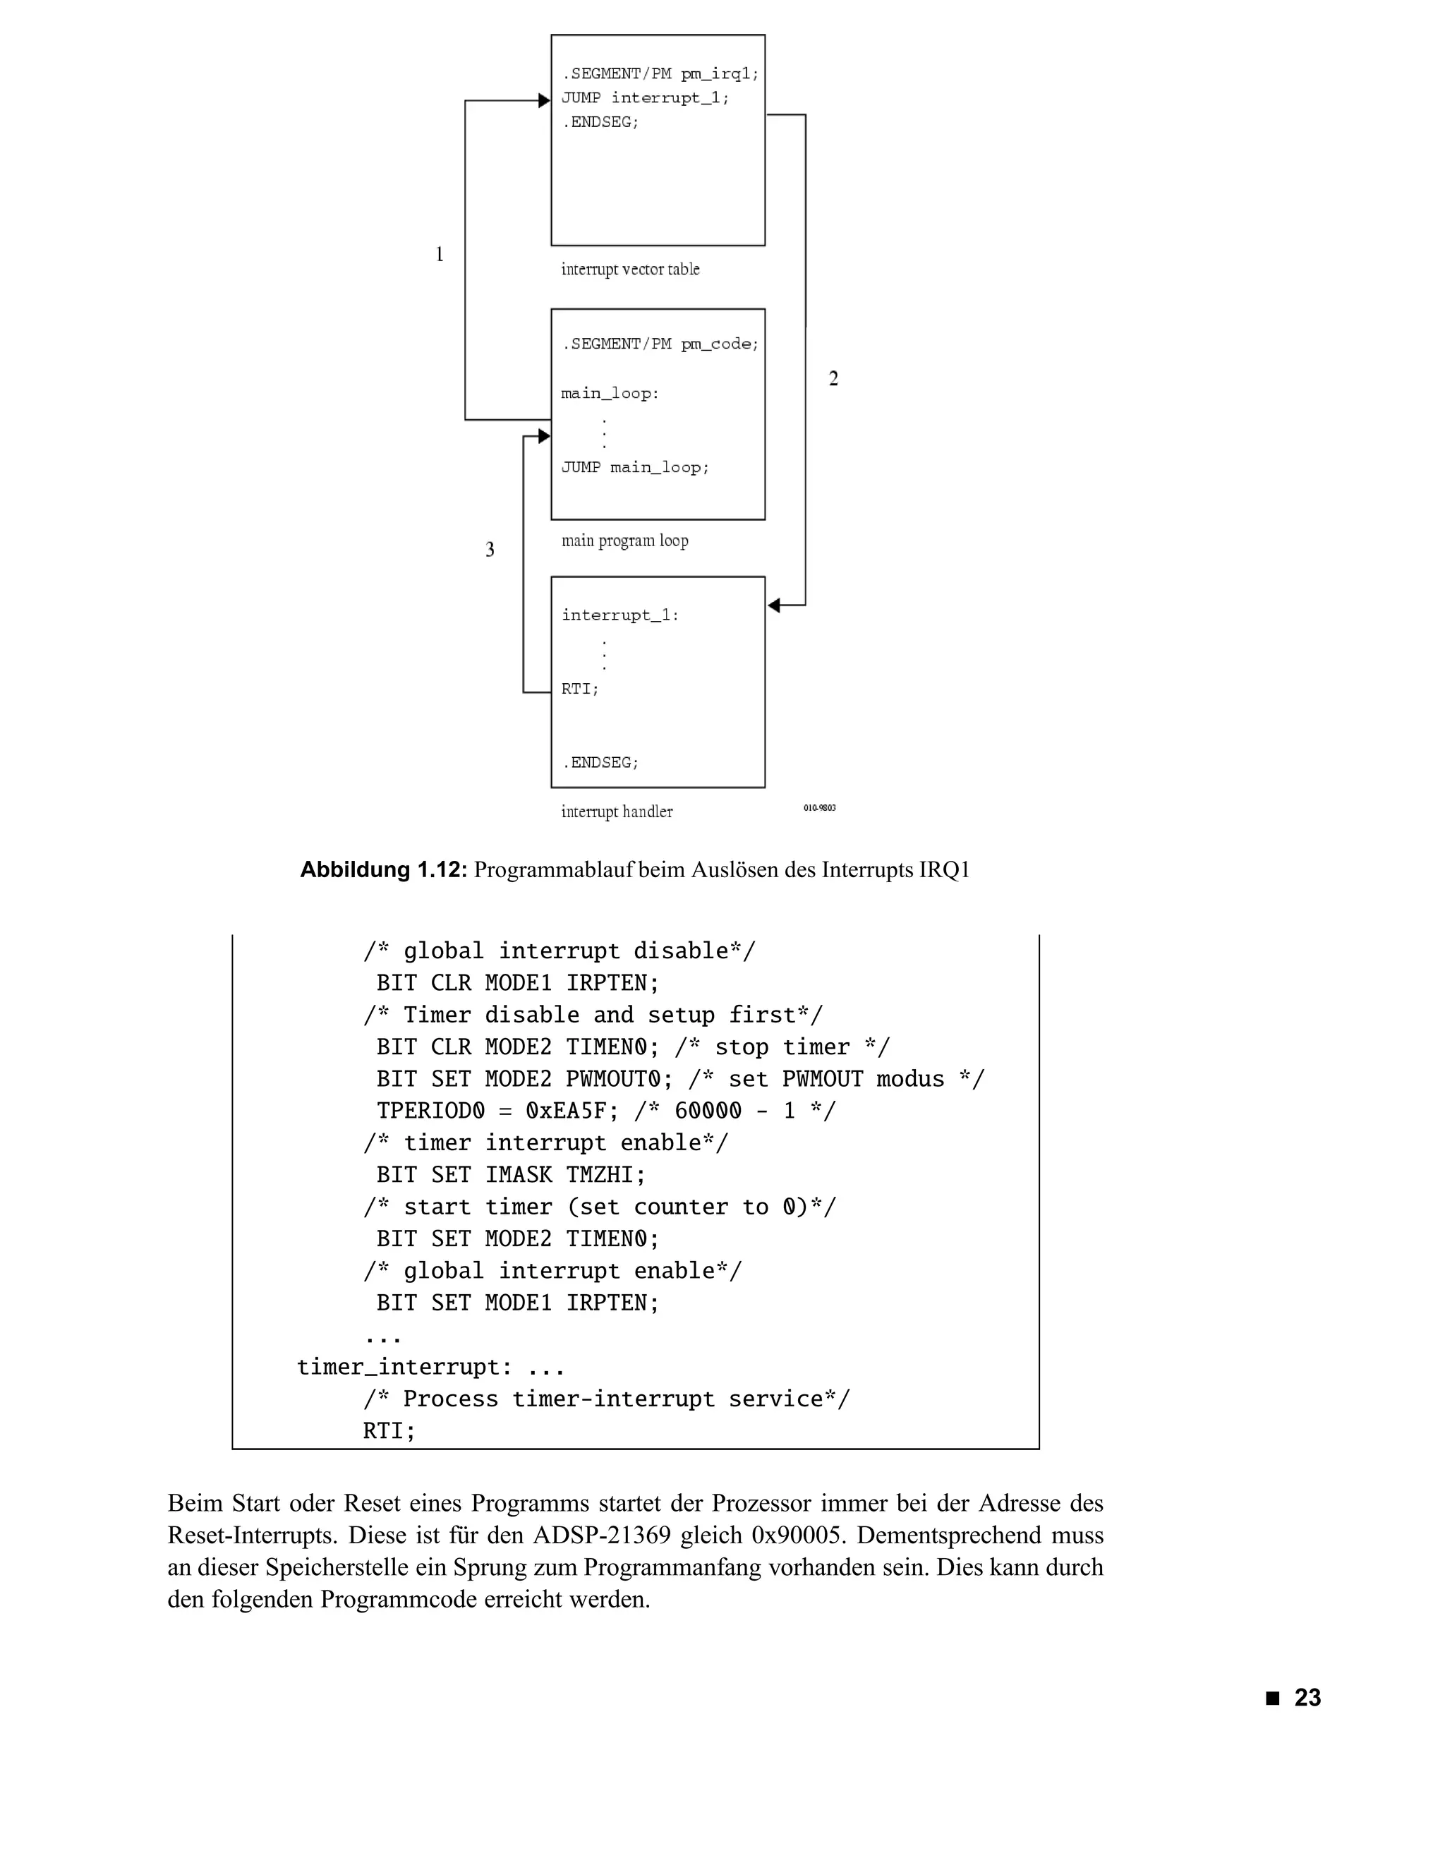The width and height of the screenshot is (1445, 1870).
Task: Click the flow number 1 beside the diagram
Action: click(439, 254)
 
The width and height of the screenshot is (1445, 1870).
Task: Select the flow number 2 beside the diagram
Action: click(833, 378)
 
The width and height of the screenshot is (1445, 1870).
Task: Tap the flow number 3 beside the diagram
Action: click(490, 550)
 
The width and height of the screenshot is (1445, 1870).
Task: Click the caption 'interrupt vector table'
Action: click(630, 270)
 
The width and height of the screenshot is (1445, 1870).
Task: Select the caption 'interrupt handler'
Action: click(617, 812)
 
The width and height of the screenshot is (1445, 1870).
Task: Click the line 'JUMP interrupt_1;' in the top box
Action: click(646, 97)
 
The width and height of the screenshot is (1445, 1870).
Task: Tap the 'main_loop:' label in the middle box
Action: click(610, 394)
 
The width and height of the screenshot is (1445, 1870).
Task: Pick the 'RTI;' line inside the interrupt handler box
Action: click(579, 689)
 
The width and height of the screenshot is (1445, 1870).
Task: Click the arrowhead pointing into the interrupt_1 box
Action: click(774, 605)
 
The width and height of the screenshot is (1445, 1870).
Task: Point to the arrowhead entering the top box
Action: click(543, 101)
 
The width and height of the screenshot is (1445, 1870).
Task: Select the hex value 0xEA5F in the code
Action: click(571, 1111)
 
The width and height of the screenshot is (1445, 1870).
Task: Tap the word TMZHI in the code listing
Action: click(605, 1175)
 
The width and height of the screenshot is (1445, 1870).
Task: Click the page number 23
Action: click(1307, 1697)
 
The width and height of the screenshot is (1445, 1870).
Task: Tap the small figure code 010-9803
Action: click(819, 807)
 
